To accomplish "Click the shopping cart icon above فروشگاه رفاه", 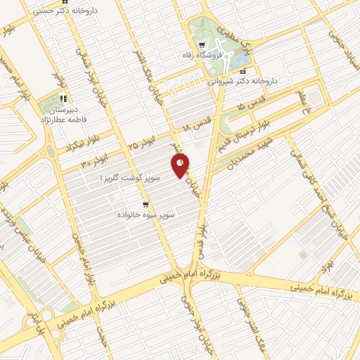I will pos(202,44).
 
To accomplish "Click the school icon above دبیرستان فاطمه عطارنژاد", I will pos(63,98).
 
